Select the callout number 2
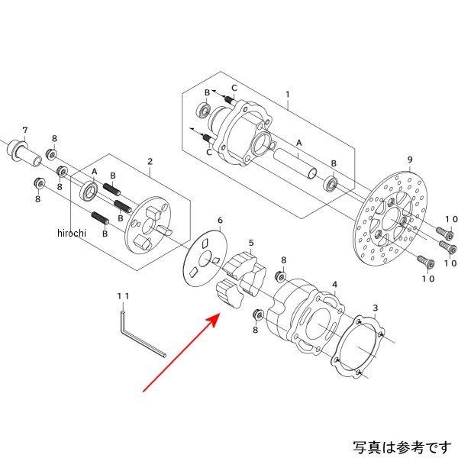coord(150,162)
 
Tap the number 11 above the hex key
coord(123,295)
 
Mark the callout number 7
coord(24,129)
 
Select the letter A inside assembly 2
coord(95,171)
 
